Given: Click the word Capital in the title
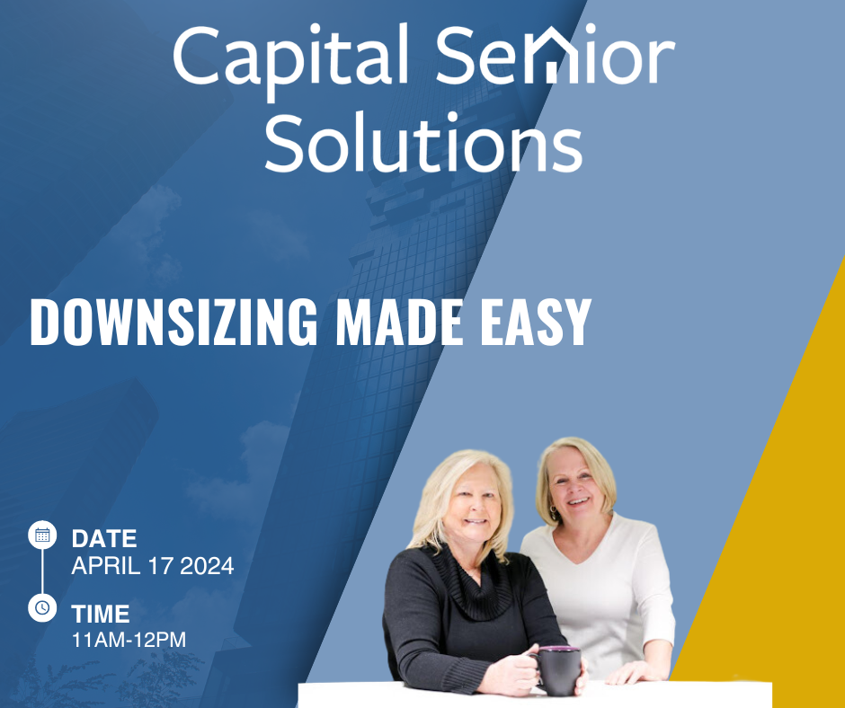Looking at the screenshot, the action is click(289, 58).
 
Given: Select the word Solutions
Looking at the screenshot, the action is click(423, 142).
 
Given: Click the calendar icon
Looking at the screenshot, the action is click(42, 535).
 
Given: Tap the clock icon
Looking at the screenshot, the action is click(42, 607).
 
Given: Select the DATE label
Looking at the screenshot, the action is click(104, 539).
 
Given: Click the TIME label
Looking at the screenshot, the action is click(101, 614).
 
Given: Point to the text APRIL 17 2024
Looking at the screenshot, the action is click(153, 566).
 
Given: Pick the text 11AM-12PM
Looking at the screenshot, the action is click(129, 640).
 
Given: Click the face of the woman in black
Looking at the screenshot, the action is click(472, 503).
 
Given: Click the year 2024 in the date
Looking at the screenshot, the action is click(207, 566).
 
